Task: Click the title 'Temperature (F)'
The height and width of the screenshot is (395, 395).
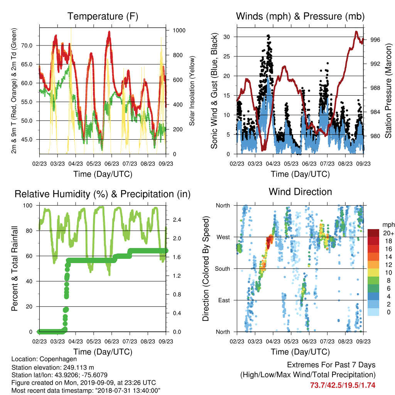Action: point(103,16)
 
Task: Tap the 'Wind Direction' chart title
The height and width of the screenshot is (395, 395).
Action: point(300,192)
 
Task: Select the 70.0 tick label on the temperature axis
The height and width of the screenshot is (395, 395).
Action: point(27,46)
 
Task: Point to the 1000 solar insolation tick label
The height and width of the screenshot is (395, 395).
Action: point(179,30)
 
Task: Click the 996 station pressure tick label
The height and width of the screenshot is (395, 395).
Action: point(375,40)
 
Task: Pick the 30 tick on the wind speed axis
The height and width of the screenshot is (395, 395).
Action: point(227,37)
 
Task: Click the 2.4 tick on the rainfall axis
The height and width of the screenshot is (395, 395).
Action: point(177,220)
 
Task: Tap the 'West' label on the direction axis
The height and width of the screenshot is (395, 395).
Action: point(223,237)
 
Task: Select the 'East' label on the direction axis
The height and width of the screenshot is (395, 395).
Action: point(224,300)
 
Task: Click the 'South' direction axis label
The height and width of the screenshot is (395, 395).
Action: point(223,269)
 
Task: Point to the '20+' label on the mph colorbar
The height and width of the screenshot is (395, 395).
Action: point(388,233)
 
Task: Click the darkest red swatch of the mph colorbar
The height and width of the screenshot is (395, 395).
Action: point(373,233)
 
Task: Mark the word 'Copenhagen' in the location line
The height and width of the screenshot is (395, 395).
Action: point(58,359)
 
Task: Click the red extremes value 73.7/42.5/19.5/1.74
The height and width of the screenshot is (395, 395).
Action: point(343,385)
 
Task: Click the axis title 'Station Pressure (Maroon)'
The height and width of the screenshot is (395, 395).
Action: point(388,91)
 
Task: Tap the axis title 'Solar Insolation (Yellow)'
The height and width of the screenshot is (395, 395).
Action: point(192,91)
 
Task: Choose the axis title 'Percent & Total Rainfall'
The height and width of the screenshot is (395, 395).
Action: point(15,268)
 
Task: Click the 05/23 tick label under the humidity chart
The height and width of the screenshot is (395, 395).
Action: point(94,341)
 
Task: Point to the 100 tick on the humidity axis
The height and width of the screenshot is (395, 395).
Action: point(28,206)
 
